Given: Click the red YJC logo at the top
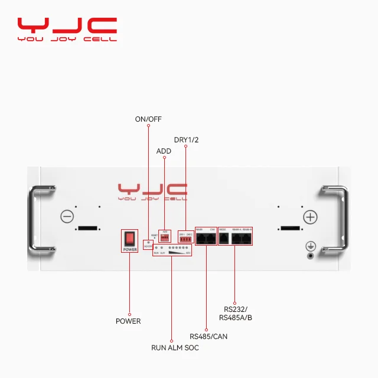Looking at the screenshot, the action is tap(66, 26).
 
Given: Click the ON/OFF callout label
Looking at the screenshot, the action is tap(148, 119).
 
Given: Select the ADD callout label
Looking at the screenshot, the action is tap(164, 151).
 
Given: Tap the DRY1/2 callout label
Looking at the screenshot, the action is tap(185, 140).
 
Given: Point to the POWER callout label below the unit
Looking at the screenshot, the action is tap(128, 321).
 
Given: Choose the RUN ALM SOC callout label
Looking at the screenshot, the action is tap(175, 348).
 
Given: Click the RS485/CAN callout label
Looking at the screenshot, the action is tap(208, 337).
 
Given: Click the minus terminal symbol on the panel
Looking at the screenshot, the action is tap(67, 217).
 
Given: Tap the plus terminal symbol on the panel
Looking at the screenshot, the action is tap(310, 217).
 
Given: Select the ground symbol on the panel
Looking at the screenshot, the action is tap(309, 246).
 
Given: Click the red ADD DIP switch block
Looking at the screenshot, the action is tap(165, 237).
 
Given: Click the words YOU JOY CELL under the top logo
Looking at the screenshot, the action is tap(66, 40).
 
